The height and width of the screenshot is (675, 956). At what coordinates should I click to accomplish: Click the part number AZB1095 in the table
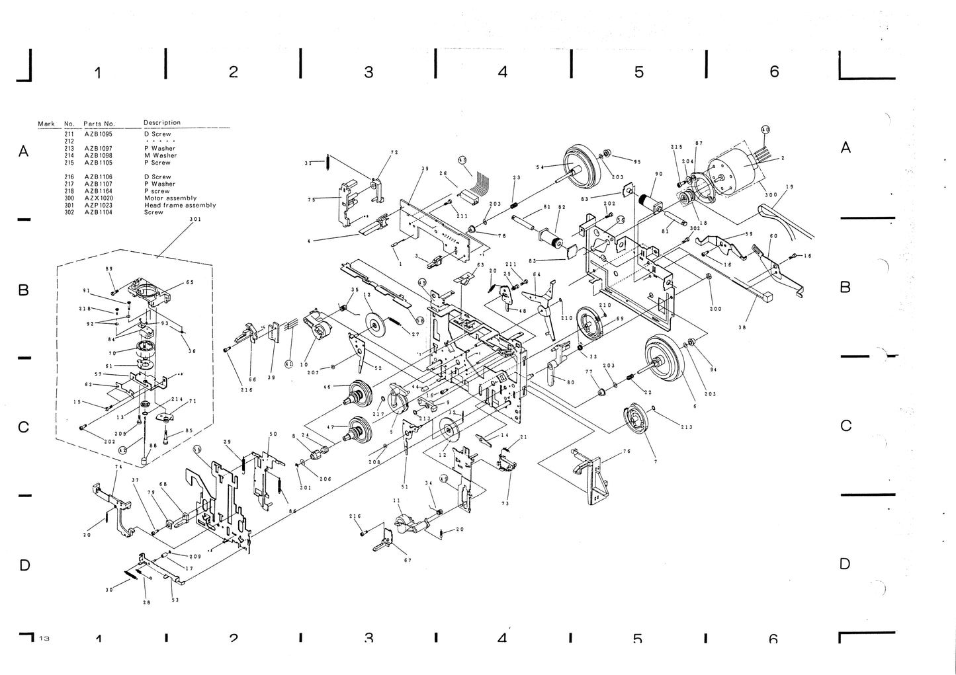pyautogui.click(x=99, y=134)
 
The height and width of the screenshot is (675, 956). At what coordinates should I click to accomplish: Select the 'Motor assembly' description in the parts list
pyautogui.click(x=170, y=198)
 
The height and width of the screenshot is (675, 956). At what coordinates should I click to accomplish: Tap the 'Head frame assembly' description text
pyautogui.click(x=179, y=206)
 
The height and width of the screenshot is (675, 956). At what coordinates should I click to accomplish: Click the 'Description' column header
pyautogui.click(x=161, y=122)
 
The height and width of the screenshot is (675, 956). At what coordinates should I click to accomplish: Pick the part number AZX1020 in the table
pyautogui.click(x=99, y=198)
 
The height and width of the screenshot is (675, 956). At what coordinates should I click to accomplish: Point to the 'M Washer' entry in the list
pyautogui.click(x=160, y=155)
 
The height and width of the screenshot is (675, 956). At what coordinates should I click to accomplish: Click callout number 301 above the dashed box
pyautogui.click(x=195, y=219)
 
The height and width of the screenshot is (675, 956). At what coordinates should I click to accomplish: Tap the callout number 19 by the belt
pyautogui.click(x=789, y=187)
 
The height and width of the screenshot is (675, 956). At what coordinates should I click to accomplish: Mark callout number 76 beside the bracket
pyautogui.click(x=626, y=452)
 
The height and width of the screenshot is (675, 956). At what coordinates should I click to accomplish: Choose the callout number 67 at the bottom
pyautogui.click(x=408, y=560)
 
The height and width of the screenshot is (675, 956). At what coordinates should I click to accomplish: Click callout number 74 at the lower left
pyautogui.click(x=118, y=467)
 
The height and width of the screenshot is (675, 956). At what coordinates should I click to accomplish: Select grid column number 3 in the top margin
pyautogui.click(x=369, y=71)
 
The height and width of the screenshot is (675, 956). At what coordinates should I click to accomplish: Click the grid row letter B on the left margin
pyautogui.click(x=23, y=290)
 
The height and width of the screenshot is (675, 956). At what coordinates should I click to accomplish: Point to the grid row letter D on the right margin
pyautogui.click(x=845, y=564)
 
